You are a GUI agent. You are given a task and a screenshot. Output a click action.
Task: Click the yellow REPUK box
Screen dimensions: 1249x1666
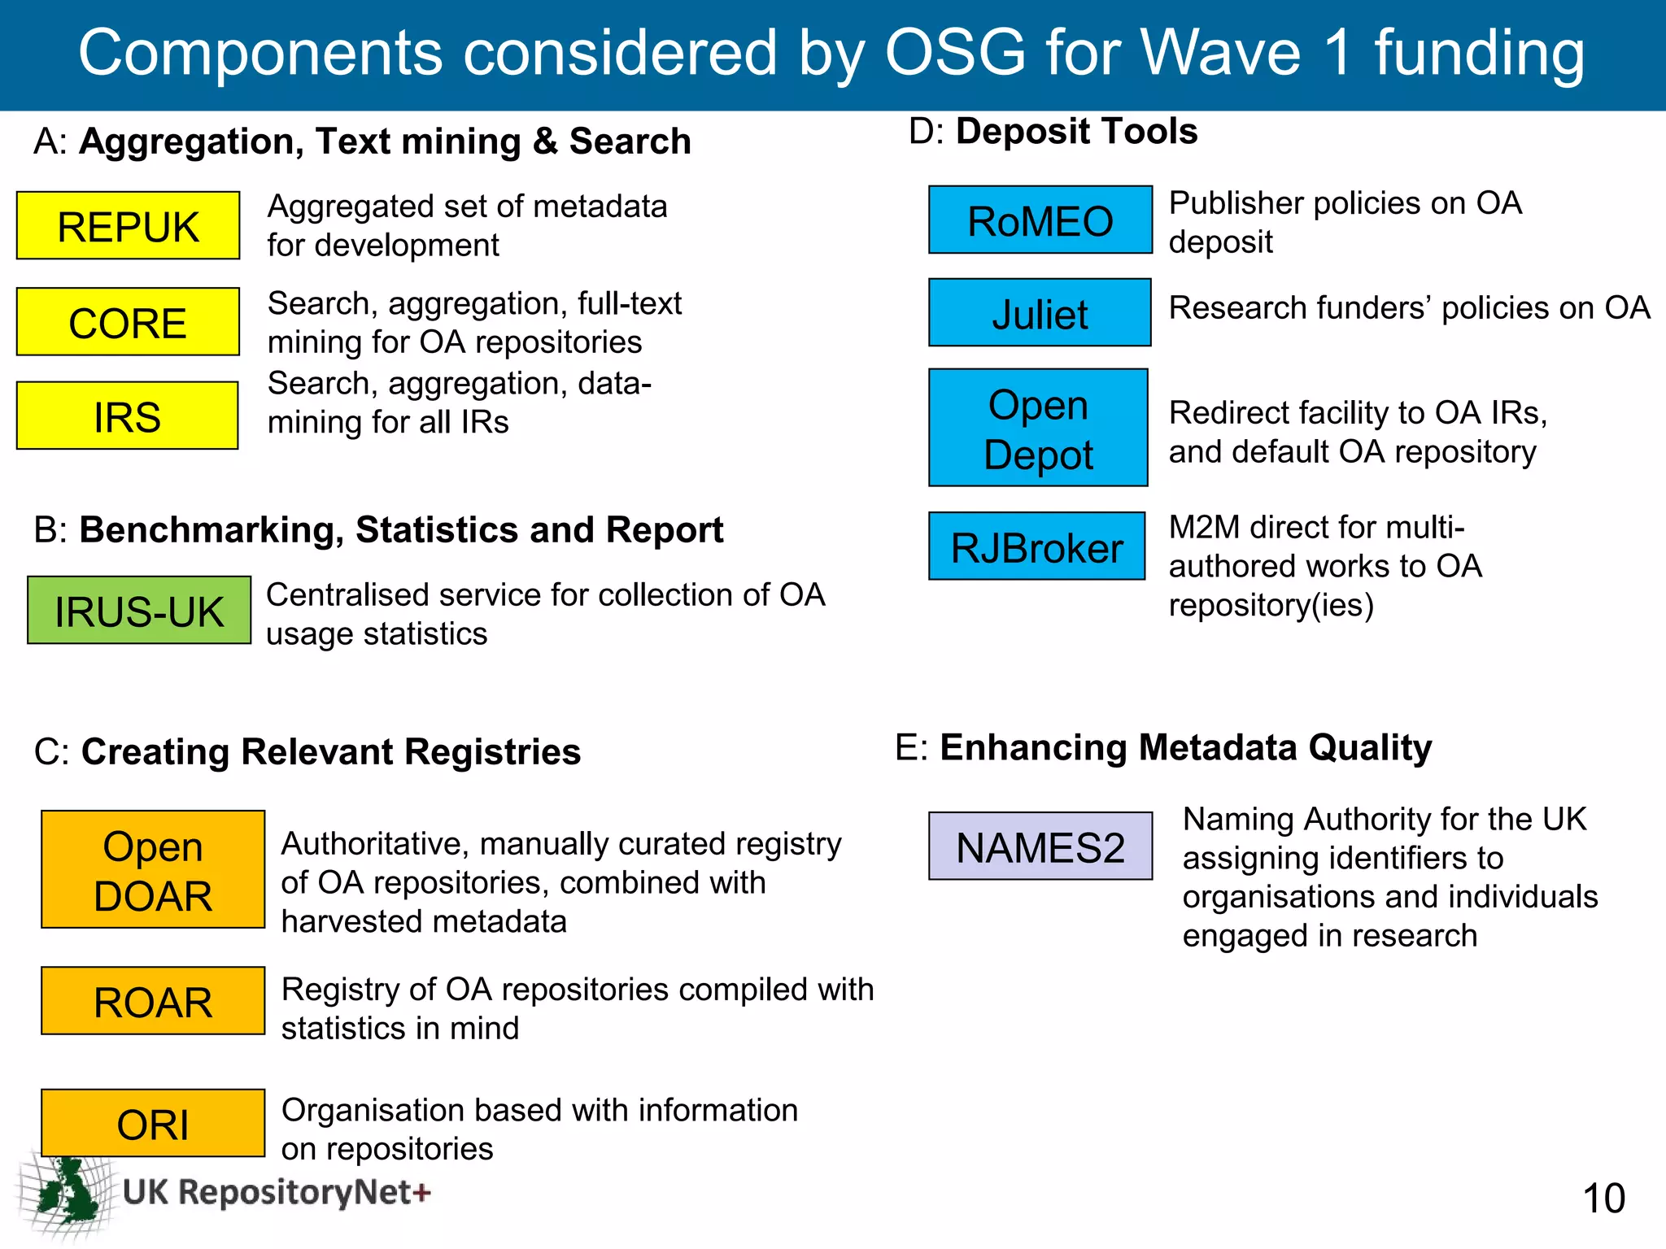tap(128, 226)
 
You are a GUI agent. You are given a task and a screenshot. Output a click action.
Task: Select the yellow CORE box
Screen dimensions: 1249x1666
tap(128, 322)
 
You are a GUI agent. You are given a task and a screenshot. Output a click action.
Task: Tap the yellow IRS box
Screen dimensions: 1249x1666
tap(127, 416)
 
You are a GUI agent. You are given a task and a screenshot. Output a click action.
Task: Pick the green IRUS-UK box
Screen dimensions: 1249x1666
tap(139, 611)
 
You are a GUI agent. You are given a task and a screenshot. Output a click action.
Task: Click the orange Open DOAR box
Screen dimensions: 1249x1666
tap(153, 869)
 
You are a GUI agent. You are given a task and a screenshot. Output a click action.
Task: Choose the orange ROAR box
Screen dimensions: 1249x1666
tap(153, 1001)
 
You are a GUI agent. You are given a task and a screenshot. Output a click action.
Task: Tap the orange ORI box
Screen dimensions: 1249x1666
tap(153, 1123)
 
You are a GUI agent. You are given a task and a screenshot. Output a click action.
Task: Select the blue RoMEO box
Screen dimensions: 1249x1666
tap(1040, 220)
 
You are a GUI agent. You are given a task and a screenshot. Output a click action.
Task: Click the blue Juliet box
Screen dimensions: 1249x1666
tap(1040, 313)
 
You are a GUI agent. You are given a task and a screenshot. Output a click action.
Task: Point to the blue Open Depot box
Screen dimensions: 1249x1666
tap(1038, 428)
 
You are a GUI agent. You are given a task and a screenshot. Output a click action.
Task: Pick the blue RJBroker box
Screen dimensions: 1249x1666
tap(1036, 546)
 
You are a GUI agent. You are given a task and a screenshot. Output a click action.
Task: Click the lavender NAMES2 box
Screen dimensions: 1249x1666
tap(1040, 846)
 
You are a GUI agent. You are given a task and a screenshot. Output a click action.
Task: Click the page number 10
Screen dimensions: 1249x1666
tap(1603, 1199)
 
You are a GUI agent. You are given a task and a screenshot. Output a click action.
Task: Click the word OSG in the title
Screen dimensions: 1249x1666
tap(955, 53)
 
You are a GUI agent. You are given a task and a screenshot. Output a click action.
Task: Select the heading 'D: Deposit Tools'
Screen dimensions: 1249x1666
tap(1053, 131)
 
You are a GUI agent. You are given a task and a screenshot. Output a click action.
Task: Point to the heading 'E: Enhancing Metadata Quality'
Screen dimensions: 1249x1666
tap(1163, 747)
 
